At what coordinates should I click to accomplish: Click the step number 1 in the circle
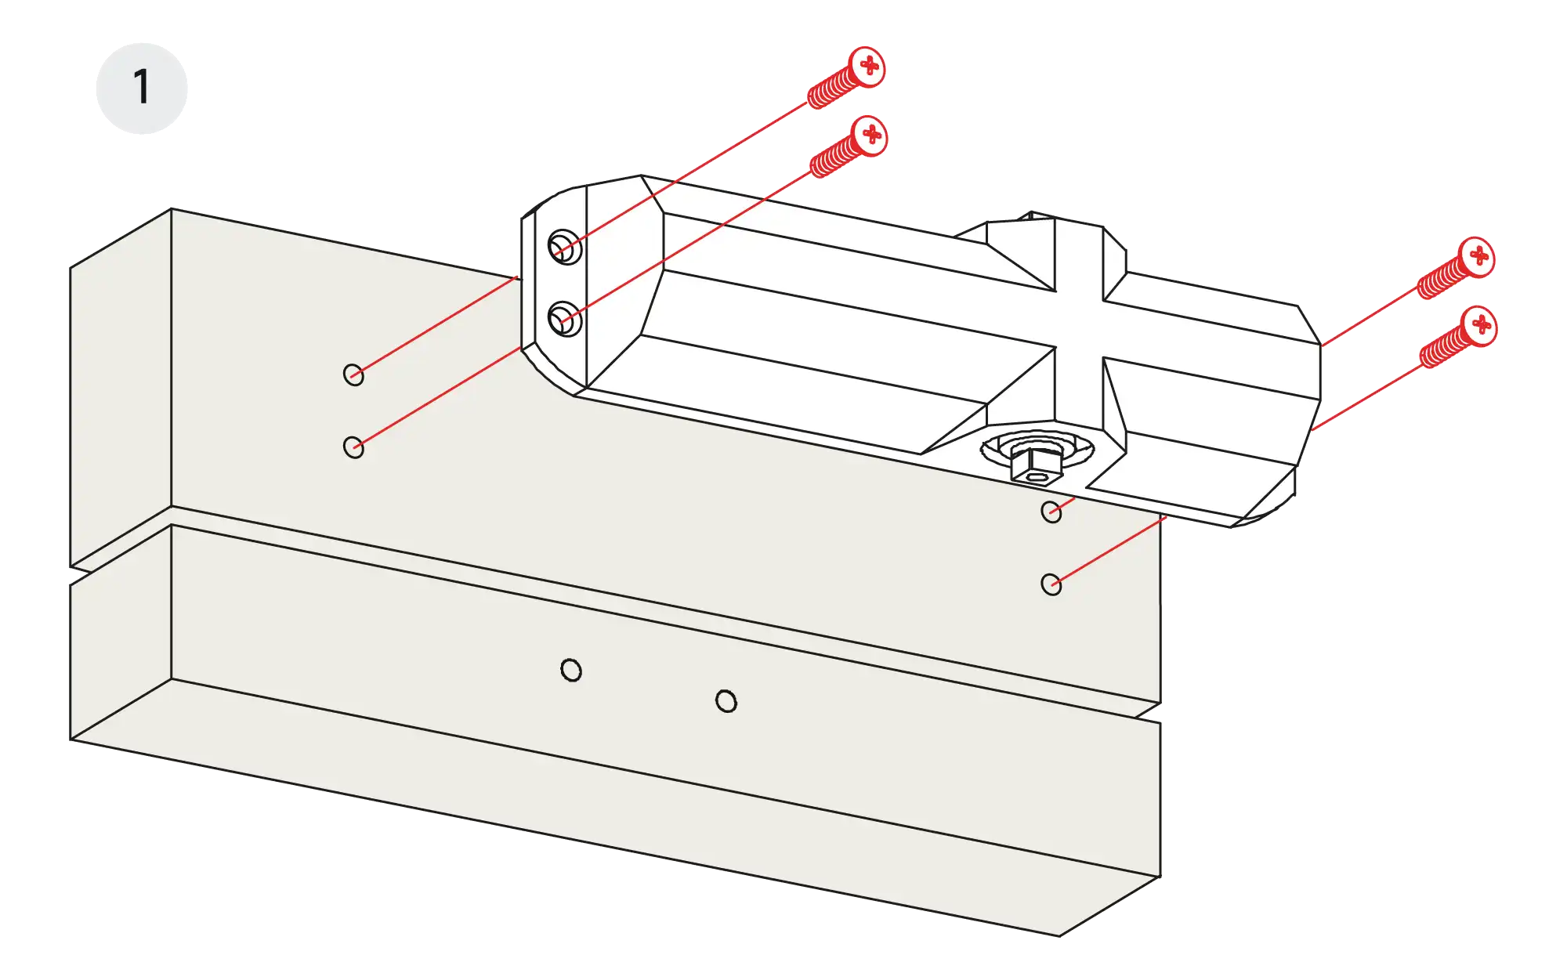tap(141, 87)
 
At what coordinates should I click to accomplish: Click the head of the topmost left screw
tap(867, 66)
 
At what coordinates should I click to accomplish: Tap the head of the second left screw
tap(869, 136)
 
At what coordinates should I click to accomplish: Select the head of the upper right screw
tap(1477, 256)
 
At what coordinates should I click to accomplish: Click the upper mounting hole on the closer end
tap(564, 248)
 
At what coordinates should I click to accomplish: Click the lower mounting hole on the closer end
tap(564, 319)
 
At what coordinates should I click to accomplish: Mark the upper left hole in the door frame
tap(353, 374)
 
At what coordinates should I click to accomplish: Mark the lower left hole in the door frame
tap(353, 447)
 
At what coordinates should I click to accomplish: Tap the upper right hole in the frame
tap(1051, 512)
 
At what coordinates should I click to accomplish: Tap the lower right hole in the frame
tap(1051, 584)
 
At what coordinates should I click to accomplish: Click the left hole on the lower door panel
tap(571, 671)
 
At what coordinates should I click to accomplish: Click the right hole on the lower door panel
tap(726, 701)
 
